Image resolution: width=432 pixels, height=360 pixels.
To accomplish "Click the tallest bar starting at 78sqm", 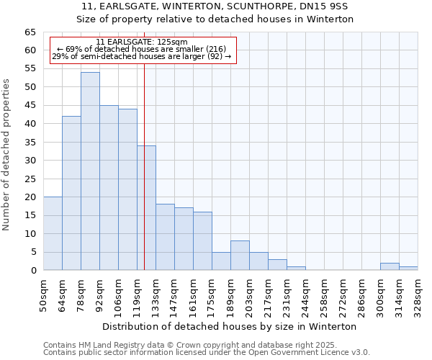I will pyautogui.click(x=90, y=171).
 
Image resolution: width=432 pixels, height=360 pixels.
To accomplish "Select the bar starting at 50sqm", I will pyautogui.click(x=53, y=233).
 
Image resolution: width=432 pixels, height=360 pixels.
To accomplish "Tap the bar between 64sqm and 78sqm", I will pyautogui.click(x=71, y=193).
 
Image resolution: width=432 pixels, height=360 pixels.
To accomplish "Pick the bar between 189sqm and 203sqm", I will pyautogui.click(x=240, y=256).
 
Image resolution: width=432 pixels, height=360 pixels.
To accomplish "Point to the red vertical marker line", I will pyautogui.click(x=144, y=180).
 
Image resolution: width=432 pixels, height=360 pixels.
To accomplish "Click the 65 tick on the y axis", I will pyautogui.click(x=30, y=32).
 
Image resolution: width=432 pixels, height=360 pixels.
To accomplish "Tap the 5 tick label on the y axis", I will pyautogui.click(x=32, y=252).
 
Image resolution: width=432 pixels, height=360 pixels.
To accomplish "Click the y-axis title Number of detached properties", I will pyautogui.click(x=6, y=155).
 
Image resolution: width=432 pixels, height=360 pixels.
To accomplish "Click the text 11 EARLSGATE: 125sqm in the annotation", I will pyautogui.click(x=142, y=42).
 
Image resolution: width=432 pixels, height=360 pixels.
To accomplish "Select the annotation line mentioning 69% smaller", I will pyautogui.click(x=142, y=49).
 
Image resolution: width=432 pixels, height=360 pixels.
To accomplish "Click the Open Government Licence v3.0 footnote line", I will pyautogui.click(x=207, y=353).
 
